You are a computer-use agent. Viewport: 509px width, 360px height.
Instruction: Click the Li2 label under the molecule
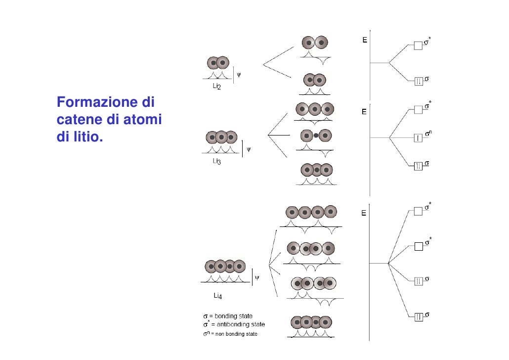[216, 87]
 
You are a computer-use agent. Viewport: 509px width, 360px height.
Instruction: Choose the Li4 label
[217, 296]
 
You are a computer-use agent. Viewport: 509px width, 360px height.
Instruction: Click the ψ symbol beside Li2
[239, 75]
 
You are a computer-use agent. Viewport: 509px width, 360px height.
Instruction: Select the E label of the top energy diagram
[365, 40]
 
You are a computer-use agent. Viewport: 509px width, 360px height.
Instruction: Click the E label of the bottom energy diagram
[364, 214]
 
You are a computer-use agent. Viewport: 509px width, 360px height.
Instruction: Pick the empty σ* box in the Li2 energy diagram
[418, 45]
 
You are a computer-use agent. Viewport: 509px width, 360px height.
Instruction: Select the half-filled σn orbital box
[418, 137]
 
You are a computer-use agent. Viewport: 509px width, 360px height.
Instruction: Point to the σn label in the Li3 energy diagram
[429, 133]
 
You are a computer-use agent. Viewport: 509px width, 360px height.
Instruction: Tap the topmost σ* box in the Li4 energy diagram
[418, 211]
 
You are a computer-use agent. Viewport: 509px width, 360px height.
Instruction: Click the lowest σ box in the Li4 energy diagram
[418, 316]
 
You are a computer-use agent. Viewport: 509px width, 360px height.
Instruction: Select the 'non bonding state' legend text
[234, 334]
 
